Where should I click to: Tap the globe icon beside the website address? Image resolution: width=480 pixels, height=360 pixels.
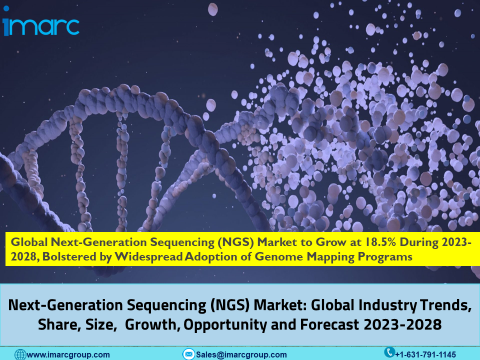click(x=20, y=355)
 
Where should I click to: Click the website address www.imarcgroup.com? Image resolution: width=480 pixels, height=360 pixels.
click(x=68, y=355)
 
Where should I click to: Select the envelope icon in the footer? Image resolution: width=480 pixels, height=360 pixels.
click(x=188, y=354)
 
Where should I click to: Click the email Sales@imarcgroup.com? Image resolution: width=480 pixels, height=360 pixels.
click(x=241, y=355)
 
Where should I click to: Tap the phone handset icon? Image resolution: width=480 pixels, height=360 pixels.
click(x=389, y=352)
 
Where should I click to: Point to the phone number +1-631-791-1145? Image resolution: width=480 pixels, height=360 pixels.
click(x=425, y=355)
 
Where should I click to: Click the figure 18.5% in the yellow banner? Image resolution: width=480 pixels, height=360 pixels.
click(x=380, y=242)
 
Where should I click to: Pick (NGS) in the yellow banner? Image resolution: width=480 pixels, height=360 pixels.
click(x=235, y=242)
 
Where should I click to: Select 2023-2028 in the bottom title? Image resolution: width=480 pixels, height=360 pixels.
click(x=402, y=324)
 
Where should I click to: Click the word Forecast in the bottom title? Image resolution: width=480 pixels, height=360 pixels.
click(x=329, y=324)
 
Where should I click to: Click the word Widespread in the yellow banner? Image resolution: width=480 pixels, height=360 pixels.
click(x=148, y=257)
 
